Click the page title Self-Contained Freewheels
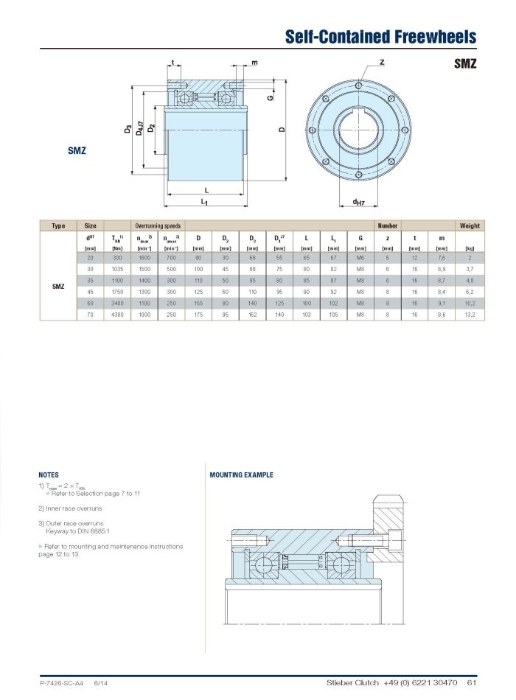click(380, 36)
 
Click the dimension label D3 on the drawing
click(128, 130)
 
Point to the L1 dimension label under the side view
click(204, 201)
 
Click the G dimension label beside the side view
click(271, 97)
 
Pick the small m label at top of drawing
click(254, 63)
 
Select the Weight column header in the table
click(469, 225)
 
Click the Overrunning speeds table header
click(158, 225)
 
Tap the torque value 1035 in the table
click(116, 270)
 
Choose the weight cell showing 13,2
click(469, 315)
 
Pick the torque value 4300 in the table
click(116, 315)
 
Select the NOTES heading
click(49, 475)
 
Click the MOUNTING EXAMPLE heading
click(241, 475)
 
